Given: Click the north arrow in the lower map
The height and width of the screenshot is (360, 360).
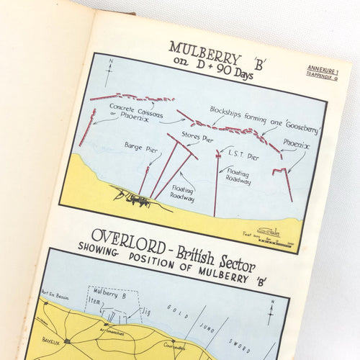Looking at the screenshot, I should [x=270, y=315].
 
